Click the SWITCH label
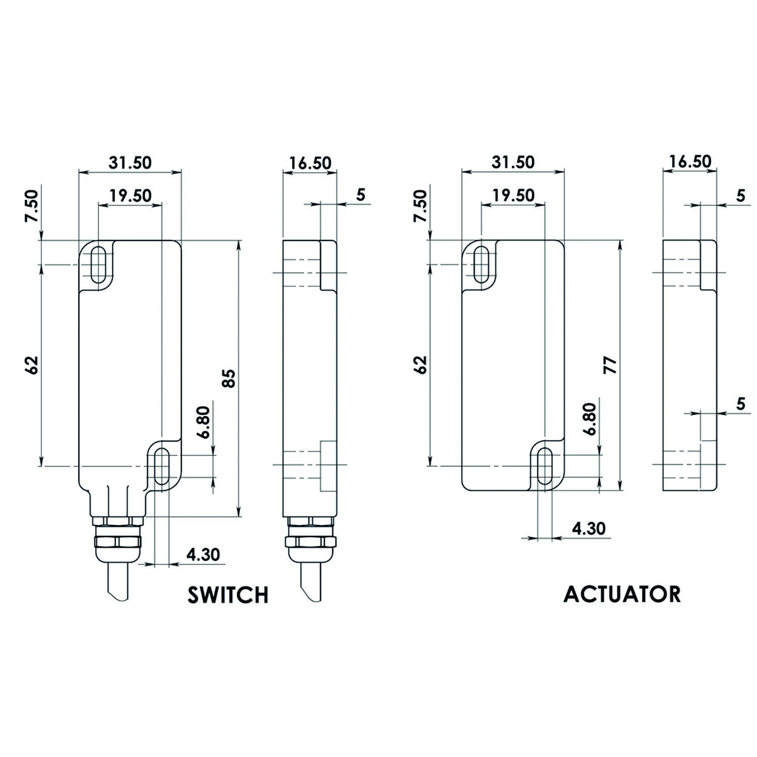pos(228,594)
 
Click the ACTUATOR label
pos(622,594)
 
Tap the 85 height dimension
pos(229,378)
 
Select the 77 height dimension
pos(611,365)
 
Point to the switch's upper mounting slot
pos(98,264)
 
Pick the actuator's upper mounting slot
pos(481,264)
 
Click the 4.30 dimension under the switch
pos(203,555)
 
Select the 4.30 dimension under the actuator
pos(588,528)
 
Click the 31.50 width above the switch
pos(130,163)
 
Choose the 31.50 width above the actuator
pos(513,163)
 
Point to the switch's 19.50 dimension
pos(131,195)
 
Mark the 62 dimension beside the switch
pos(32,364)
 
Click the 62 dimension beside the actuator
pos(421,364)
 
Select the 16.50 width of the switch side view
pos(310,163)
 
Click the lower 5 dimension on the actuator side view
pos(741,404)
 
